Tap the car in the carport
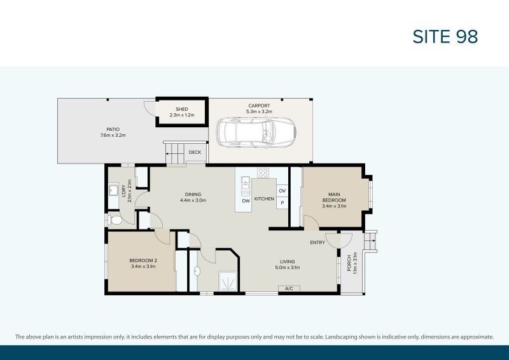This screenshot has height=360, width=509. click(x=254, y=132)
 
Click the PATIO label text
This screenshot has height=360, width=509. click(x=113, y=129)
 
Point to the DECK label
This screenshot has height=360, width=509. click(x=194, y=152)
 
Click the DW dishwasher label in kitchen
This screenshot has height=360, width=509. click(x=246, y=201)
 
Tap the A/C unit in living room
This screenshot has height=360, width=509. click(x=288, y=289)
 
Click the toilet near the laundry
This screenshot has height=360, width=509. click(x=115, y=220)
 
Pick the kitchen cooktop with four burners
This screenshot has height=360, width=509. click(x=263, y=172)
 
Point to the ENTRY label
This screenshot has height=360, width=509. click(x=317, y=242)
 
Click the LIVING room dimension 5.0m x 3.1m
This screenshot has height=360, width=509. click(x=287, y=267)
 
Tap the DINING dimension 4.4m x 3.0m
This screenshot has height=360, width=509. click(x=193, y=200)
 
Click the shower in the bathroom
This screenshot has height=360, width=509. click(x=227, y=280)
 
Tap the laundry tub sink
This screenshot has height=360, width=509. click(x=113, y=190)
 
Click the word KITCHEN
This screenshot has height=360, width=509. click(x=264, y=199)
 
